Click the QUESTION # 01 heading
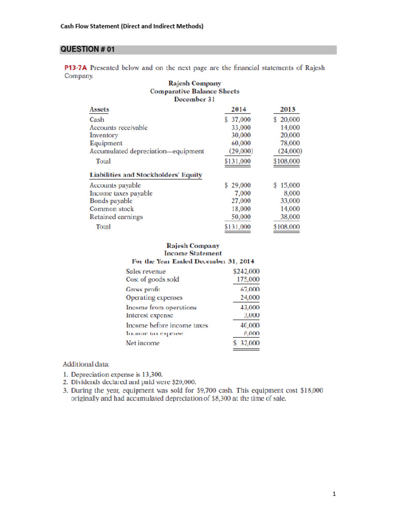pyautogui.click(x=87, y=50)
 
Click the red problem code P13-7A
pyautogui.click(x=75, y=67)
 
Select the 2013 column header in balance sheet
pyautogui.click(x=287, y=109)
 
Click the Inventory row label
pyautogui.click(x=104, y=135)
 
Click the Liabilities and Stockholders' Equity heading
pyautogui.click(x=145, y=175)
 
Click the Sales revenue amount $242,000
pyautogui.click(x=247, y=271)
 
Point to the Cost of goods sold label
pyautogui.click(x=152, y=279)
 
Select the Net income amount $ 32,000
pyautogui.click(x=247, y=343)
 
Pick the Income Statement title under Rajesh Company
pyautogui.click(x=192, y=253)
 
